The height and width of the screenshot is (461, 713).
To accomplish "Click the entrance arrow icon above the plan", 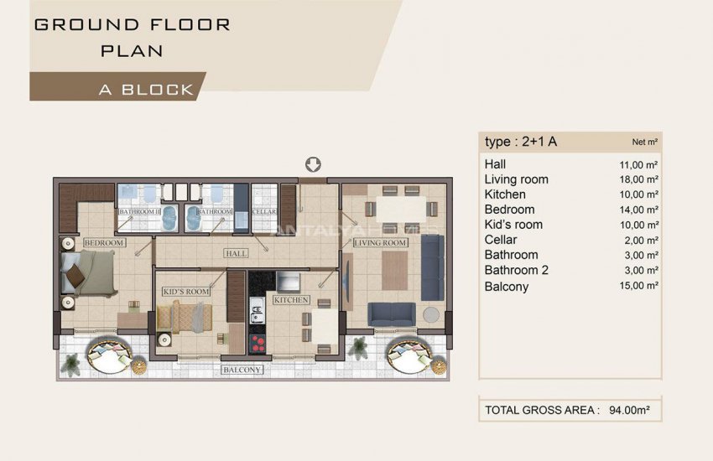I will coord(314,164).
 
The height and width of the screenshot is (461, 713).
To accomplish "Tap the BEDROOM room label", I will coord(104,243).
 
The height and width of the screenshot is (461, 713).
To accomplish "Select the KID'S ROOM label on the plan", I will coord(185,291).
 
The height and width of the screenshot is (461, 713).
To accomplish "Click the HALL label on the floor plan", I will coord(235,253).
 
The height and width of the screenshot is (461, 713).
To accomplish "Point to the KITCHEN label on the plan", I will coord(290,299).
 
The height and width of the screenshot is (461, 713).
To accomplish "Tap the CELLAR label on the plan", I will coord(264,212).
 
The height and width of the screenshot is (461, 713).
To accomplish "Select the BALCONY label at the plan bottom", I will coord(242,370).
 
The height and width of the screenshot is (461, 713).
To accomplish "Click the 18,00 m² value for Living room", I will coord(638,179).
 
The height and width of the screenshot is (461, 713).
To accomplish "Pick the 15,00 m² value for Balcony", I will coord(638,286).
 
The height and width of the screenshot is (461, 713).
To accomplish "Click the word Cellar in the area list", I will coord(501,240).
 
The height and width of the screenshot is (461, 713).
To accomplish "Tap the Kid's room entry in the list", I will coord(513,225).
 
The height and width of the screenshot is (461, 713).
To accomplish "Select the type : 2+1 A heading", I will coord(520,141).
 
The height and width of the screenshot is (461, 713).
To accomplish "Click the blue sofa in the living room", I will coord(391,314).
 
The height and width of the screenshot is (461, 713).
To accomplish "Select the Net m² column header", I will coord(644,142).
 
